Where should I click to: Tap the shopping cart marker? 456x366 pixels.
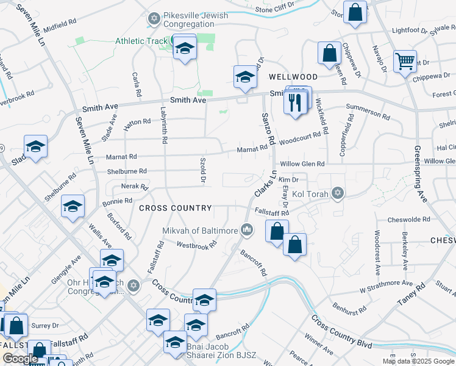click(x=405, y=62)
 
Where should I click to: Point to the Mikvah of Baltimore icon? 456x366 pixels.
click(x=247, y=230)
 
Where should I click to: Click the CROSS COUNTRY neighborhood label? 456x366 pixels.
click(x=175, y=208)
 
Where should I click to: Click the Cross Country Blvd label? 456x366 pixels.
click(x=341, y=331)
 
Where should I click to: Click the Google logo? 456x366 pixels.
click(x=20, y=359)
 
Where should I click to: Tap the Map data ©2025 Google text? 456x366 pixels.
click(x=418, y=361)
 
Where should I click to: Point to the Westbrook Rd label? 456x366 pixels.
click(x=197, y=245)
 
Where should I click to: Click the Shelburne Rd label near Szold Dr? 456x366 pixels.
click(x=126, y=171)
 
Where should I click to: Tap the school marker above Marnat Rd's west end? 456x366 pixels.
click(x=35, y=146)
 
